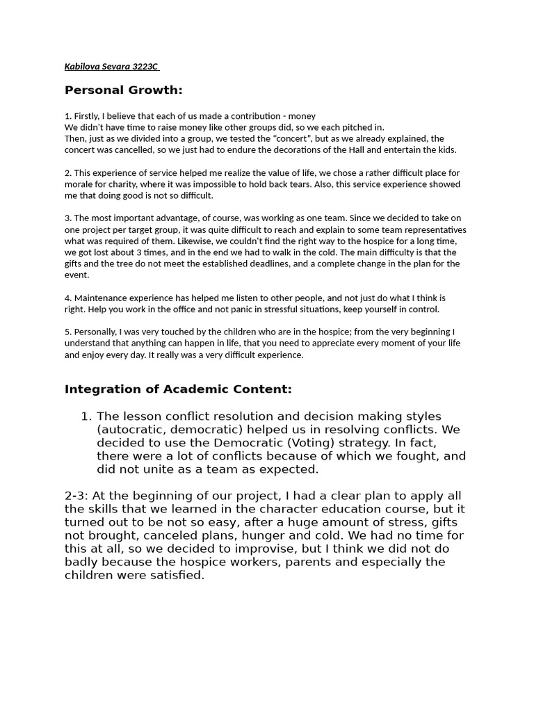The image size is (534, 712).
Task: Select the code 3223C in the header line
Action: coord(144,67)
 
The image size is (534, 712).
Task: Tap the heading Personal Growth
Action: coord(123,90)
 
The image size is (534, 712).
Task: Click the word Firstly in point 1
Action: coord(88,116)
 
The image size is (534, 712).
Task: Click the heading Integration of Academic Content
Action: coord(178,389)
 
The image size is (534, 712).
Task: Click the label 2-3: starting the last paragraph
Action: coord(76,496)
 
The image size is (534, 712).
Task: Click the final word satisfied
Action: coord(175,576)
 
